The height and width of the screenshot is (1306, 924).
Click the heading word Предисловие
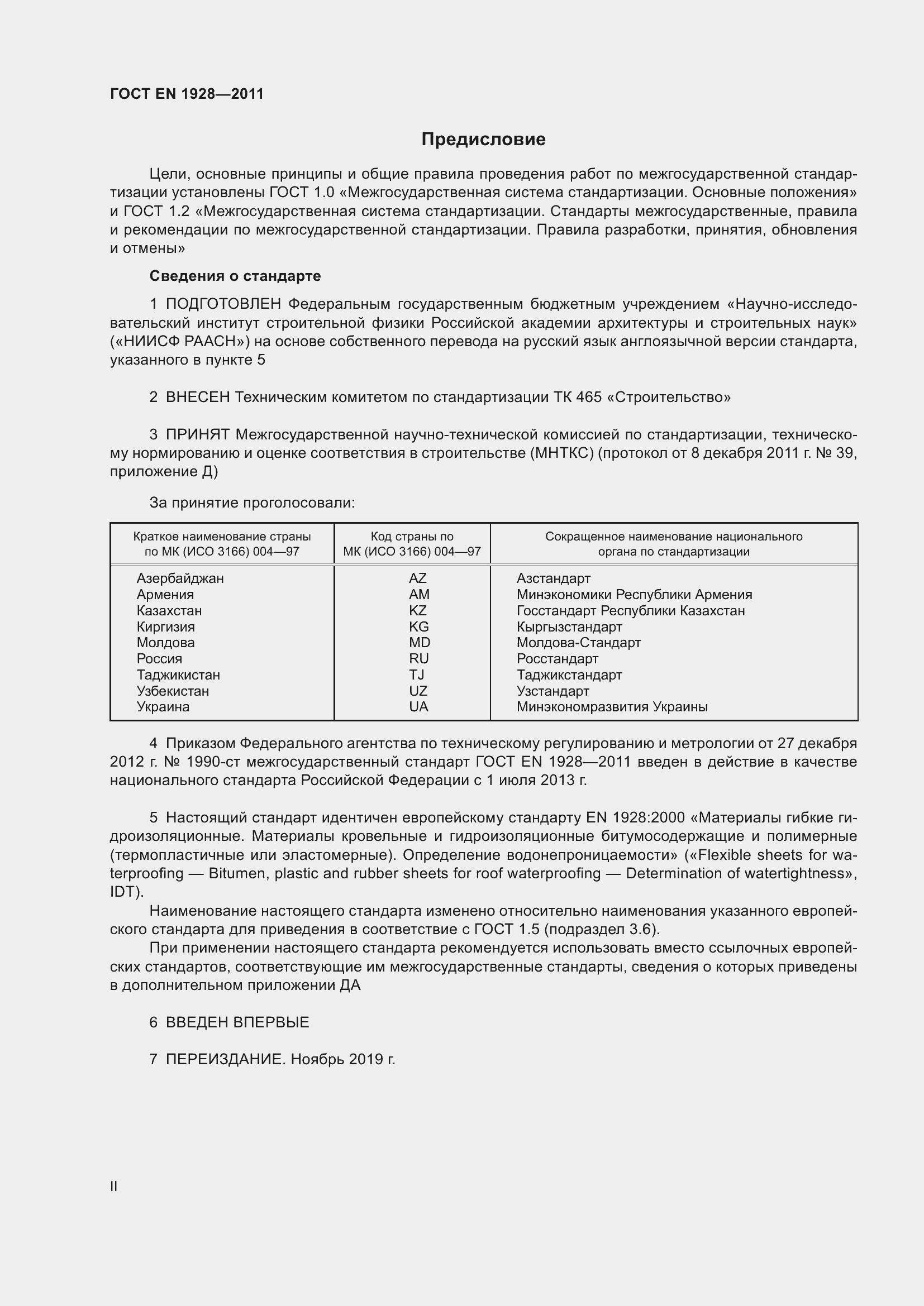483,140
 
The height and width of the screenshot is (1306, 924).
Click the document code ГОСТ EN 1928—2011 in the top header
187,94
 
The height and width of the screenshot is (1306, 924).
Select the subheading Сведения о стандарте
235,276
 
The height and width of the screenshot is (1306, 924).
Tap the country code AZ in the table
417,578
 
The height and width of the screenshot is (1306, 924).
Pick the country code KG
418,626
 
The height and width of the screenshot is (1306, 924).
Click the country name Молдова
165,642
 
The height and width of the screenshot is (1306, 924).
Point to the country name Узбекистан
173,691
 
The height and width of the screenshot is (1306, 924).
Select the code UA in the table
418,706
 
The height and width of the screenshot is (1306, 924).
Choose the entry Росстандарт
557,659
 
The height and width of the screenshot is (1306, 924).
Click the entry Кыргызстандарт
569,626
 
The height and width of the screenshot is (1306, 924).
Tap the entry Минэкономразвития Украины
612,706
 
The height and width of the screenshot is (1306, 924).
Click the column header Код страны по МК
412,544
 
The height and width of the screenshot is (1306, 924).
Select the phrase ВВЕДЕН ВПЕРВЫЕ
237,1022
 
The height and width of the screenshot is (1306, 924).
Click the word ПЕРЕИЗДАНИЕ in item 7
225,1059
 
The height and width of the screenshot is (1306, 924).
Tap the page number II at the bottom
114,1186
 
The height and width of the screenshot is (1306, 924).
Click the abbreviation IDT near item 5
125,891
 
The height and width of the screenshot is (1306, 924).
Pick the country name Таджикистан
178,674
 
